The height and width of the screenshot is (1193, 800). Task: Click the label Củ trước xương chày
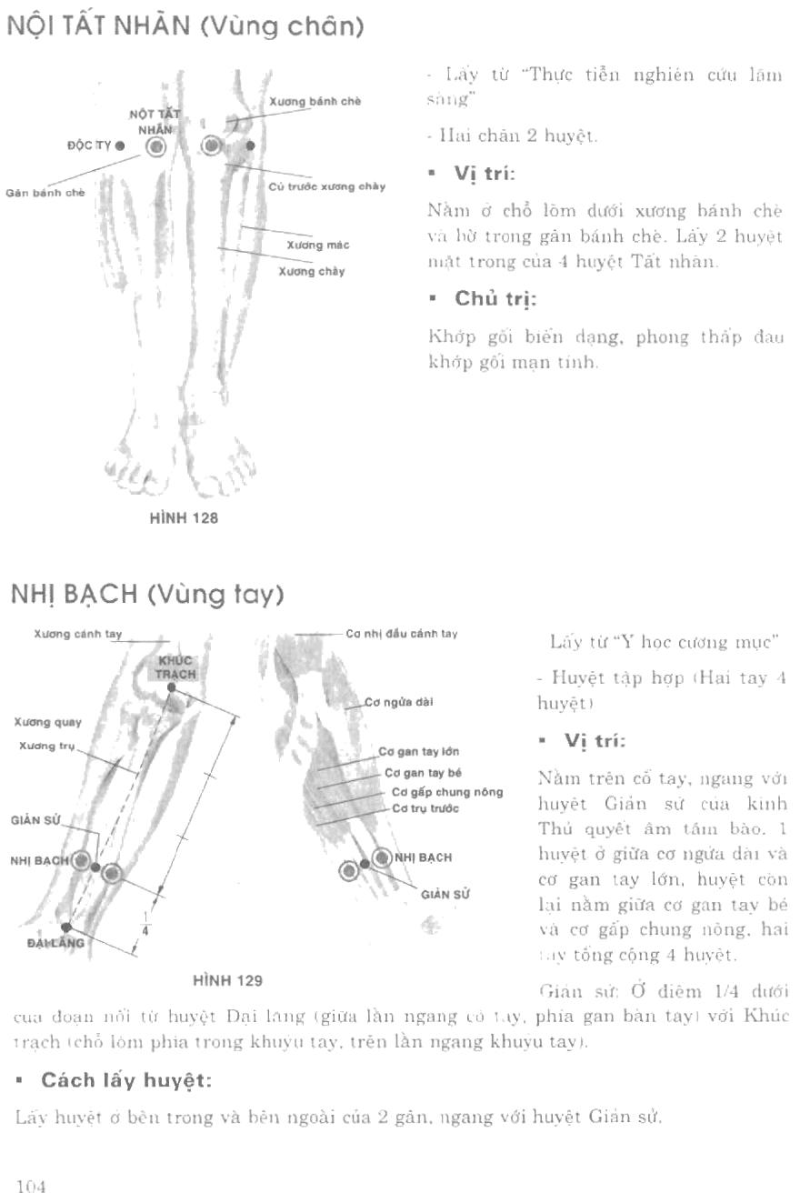(327, 186)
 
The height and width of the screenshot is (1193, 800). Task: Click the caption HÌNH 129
(227, 980)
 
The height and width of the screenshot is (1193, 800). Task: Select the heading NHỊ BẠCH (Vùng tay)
(146, 596)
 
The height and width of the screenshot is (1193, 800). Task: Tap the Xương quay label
(48, 723)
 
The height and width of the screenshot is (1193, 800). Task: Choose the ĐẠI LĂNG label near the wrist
(56, 943)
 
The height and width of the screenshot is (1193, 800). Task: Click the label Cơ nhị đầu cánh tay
(401, 634)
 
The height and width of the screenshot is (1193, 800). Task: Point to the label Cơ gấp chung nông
(446, 791)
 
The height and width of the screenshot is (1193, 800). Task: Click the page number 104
(30, 1186)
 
